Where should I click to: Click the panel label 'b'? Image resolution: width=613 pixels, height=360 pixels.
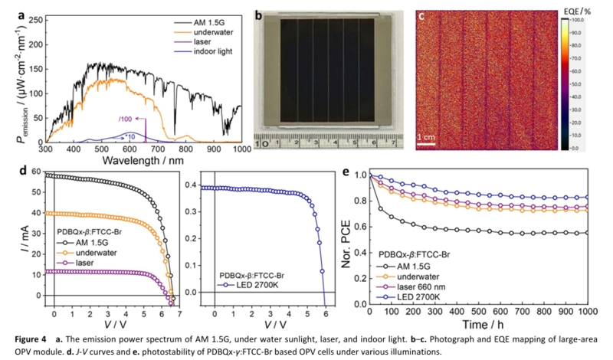[259, 15]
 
